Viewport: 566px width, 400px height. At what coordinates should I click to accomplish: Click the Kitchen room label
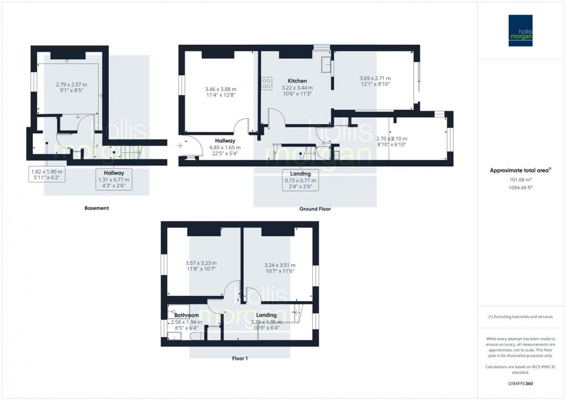point(297,81)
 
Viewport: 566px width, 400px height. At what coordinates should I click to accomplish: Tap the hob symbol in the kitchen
point(267,83)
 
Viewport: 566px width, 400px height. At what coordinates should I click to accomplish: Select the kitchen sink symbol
point(326,65)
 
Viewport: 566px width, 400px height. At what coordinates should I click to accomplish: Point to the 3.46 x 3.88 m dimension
point(220,89)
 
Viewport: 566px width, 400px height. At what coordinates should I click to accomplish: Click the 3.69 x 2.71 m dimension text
point(375,79)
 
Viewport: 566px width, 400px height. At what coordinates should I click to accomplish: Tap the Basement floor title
point(97,208)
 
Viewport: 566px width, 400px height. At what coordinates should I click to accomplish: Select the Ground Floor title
point(315,210)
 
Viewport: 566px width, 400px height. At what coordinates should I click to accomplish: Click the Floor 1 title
point(239,358)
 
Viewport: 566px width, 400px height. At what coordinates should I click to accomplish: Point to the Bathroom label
point(186,315)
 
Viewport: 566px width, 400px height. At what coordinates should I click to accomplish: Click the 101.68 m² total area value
point(520,180)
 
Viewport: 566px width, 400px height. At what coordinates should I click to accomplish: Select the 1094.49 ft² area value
point(520,188)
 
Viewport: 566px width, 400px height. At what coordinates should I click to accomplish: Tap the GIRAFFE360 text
point(520,384)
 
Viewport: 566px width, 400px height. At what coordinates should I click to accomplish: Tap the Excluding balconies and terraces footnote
point(520,317)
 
